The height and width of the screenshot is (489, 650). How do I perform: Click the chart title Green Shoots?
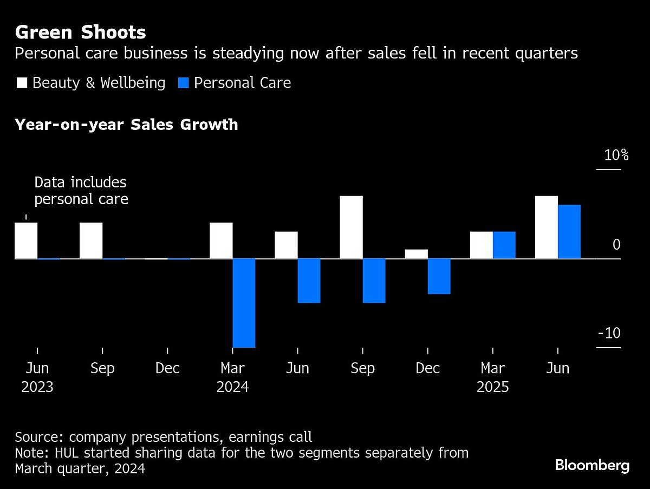click(x=80, y=32)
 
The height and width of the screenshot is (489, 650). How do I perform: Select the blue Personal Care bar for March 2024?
click(x=244, y=303)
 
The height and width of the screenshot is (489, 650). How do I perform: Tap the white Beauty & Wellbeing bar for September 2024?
click(x=351, y=227)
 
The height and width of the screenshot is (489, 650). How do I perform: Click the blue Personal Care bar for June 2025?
click(x=569, y=232)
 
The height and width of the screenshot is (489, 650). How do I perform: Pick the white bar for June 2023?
click(x=26, y=240)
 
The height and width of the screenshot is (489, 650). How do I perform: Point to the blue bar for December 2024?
click(x=439, y=276)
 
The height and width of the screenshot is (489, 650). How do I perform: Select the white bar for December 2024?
click(x=416, y=254)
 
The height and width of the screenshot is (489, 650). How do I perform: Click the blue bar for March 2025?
click(x=504, y=245)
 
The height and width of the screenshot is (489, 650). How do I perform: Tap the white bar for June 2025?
click(x=546, y=227)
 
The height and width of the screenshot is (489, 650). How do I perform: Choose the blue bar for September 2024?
click(x=374, y=281)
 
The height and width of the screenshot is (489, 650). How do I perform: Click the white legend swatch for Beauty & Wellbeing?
click(x=22, y=83)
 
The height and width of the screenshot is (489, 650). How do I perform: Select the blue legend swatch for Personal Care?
click(x=184, y=83)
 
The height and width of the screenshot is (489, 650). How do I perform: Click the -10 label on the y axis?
click(x=609, y=333)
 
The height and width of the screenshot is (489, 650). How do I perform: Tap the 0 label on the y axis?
click(x=616, y=245)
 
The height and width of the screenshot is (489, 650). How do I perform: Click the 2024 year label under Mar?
click(x=232, y=388)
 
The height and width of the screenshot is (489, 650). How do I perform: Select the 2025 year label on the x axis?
click(x=492, y=388)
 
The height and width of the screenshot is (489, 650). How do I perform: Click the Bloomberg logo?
click(x=592, y=465)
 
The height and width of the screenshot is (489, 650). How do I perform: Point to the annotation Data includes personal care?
click(x=81, y=191)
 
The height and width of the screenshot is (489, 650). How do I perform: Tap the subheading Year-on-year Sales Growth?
click(x=126, y=125)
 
